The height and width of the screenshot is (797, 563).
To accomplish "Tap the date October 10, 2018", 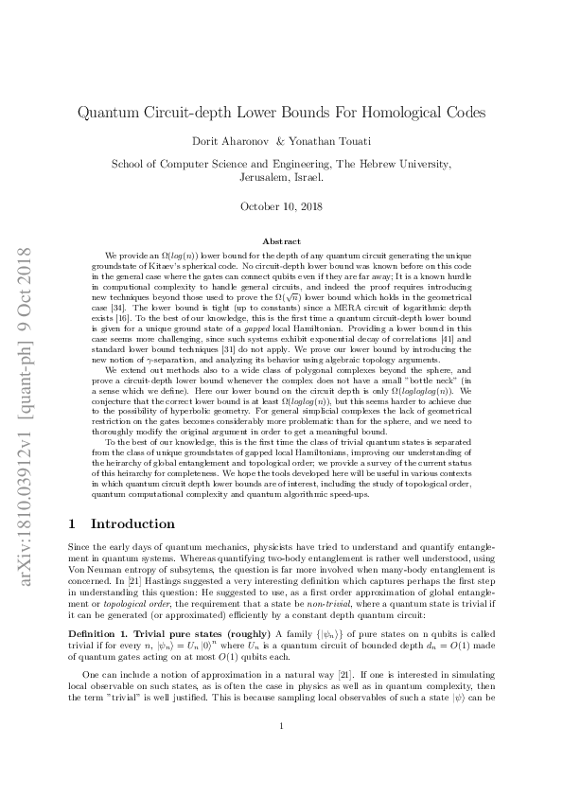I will pos(281,205).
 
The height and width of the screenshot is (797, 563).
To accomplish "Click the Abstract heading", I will pos(281,242).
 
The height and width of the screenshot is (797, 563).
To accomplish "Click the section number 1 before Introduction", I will pos(75,522).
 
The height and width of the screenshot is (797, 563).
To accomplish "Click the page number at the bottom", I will pos(282,753).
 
